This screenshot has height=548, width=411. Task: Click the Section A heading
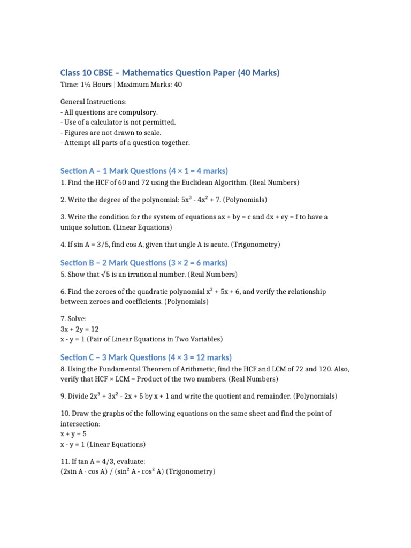point(144,171)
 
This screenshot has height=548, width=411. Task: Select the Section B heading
point(144,263)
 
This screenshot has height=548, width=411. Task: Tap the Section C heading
point(146,357)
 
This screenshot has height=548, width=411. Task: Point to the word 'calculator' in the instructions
point(104,122)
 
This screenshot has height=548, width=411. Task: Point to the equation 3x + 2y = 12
point(80,329)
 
